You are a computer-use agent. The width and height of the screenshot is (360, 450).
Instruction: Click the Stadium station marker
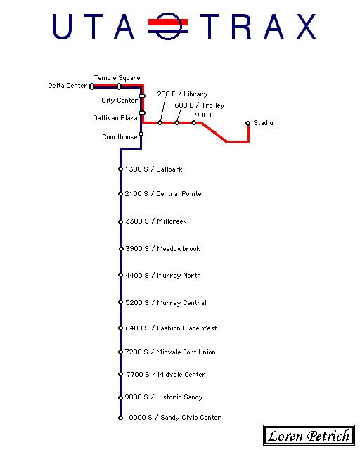pos(248,124)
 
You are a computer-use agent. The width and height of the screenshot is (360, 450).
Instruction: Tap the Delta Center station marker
pos(91,86)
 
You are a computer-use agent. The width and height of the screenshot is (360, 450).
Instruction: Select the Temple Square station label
pos(117,78)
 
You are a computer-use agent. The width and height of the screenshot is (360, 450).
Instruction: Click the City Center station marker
pos(142,96)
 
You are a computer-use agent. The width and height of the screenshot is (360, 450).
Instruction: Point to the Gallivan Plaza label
pos(115,118)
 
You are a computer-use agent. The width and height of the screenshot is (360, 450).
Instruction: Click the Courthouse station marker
pos(141,134)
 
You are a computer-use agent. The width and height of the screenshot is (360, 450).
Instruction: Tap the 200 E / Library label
pos(182,94)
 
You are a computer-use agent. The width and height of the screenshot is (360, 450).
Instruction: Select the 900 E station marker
pos(194,123)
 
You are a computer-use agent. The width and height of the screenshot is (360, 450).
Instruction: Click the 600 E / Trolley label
pos(200,105)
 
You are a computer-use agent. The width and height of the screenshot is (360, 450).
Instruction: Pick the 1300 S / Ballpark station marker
pos(120,169)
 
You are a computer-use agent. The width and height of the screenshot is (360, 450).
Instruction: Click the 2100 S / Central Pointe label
pos(163,194)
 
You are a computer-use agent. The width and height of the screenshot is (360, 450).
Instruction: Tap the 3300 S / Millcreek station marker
pos(120,221)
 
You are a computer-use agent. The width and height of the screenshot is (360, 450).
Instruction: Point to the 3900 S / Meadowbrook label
pos(163,248)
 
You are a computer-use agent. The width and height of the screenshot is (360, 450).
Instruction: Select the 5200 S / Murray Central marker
pos(120,302)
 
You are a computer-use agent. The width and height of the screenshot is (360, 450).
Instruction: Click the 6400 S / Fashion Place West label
pos(171,328)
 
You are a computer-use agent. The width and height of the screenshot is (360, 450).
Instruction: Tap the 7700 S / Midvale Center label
pos(166,375)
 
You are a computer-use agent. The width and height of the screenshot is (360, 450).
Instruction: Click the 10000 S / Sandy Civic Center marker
pos(120,418)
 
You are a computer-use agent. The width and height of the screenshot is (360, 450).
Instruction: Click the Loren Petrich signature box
pos(309,435)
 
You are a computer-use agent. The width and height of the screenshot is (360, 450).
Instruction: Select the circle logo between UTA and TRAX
pos(168,26)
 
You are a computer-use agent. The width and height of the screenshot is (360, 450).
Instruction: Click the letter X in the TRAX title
pos(307,27)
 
